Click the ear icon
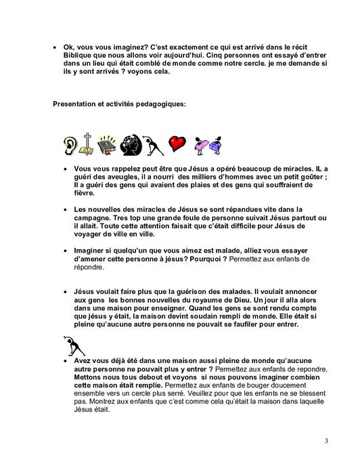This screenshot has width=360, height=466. click(71, 144)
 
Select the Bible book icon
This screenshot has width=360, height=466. click(106, 144)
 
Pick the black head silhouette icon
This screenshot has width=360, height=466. click(129, 144)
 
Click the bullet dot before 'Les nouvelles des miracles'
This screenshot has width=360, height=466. click(64, 210)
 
